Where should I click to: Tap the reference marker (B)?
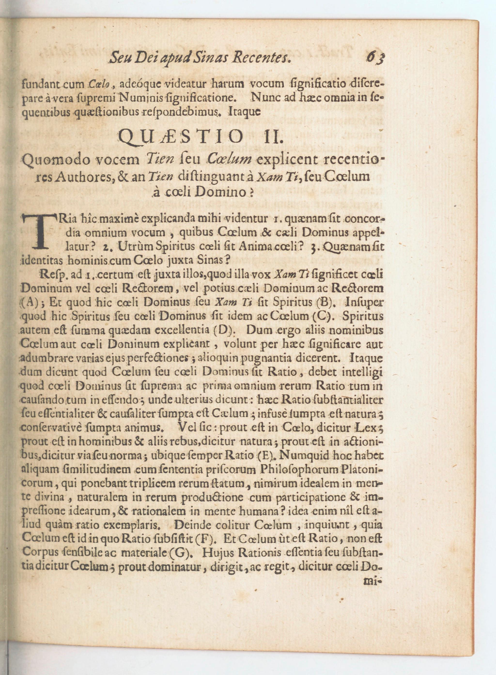tap(325, 302)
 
